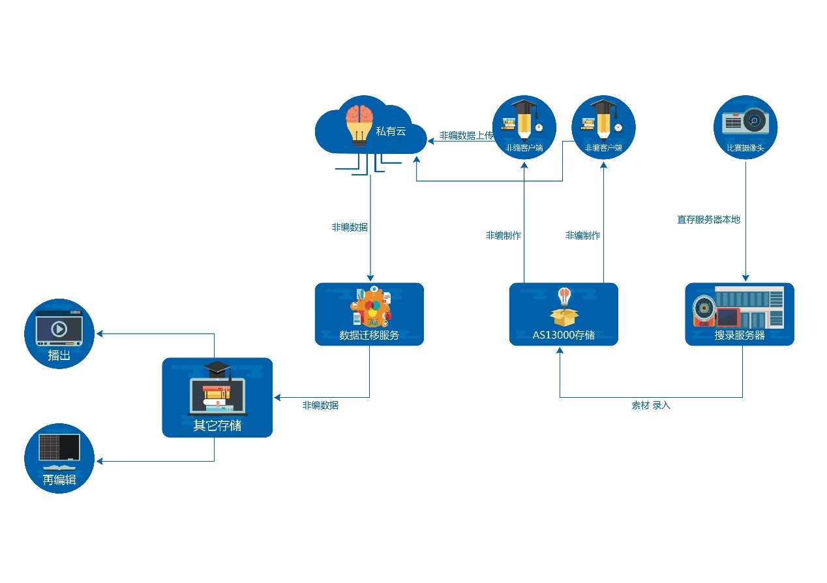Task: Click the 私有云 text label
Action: tap(391, 132)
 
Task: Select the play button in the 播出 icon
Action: tap(59, 329)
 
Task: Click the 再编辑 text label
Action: tap(59, 480)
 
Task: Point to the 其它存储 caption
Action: tap(217, 425)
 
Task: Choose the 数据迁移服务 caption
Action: tap(369, 335)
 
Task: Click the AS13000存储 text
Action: tap(564, 335)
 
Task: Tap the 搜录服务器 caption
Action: tap(740, 335)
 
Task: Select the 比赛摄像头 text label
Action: tap(745, 148)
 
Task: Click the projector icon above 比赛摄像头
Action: tap(747, 122)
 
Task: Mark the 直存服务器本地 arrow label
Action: tap(708, 220)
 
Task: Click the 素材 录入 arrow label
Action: tap(650, 405)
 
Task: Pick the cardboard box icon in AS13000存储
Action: tap(564, 317)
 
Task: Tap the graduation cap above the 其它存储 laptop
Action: tap(217, 368)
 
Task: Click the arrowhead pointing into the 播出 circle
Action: tap(100, 334)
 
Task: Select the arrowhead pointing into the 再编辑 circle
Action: tap(100, 461)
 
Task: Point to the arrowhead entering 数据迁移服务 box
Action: tap(370, 278)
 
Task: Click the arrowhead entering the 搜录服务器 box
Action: tap(745, 278)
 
